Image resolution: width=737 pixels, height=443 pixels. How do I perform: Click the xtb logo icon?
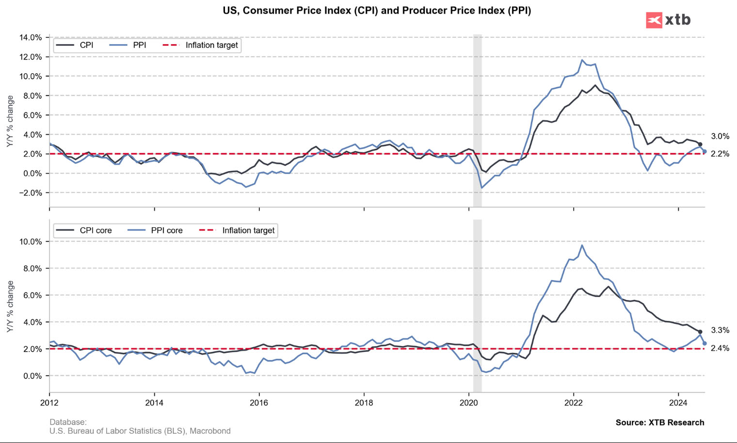point(654,20)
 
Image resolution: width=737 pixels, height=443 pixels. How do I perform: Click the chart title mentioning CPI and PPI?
point(377,11)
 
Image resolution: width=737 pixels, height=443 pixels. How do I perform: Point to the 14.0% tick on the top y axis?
point(30,37)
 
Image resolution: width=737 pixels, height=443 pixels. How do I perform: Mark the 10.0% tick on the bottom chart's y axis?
point(30,242)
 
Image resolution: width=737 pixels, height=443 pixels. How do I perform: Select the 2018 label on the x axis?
point(364,403)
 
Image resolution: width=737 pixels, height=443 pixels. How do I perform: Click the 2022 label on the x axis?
point(574,403)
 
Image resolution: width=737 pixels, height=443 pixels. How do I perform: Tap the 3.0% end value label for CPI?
point(720,136)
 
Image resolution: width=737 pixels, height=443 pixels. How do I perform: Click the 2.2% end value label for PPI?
point(720,154)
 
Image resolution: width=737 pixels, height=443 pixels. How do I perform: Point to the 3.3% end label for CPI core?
point(720,330)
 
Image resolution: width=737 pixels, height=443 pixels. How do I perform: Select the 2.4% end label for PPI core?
point(720,348)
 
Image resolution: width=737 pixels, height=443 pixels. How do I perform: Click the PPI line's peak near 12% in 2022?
point(582,60)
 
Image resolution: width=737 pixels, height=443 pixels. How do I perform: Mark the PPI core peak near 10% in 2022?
point(582,245)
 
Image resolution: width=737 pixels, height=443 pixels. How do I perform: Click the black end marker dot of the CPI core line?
point(700,332)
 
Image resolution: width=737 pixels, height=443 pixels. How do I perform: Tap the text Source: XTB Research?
point(659,423)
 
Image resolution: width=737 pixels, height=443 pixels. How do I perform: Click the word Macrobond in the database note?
point(210,431)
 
